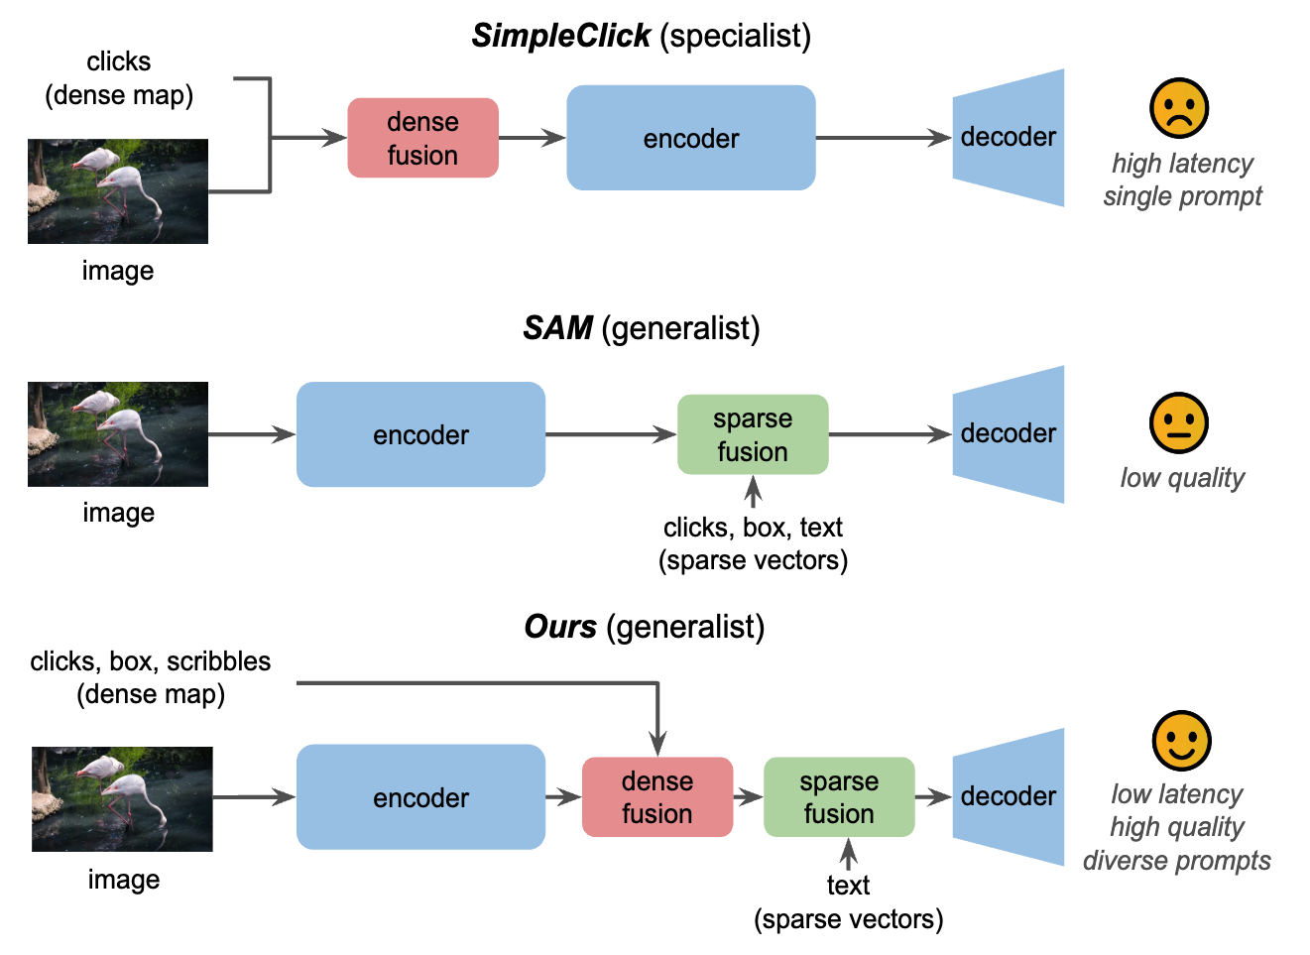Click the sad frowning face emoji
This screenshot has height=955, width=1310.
[1178, 108]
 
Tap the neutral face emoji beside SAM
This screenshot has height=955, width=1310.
[1178, 422]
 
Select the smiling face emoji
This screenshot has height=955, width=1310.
[1181, 740]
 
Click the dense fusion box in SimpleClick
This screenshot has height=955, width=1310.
[422, 138]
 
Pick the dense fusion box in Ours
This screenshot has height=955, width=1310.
[656, 797]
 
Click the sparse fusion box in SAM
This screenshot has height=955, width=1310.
[752, 434]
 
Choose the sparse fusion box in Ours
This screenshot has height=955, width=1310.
[838, 797]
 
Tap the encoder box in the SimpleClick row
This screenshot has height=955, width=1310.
[690, 138]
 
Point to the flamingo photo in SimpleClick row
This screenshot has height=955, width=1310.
[118, 191]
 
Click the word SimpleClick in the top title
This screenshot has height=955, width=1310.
[560, 36]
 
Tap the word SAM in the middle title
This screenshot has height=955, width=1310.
[557, 328]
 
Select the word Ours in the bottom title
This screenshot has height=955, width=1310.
[560, 627]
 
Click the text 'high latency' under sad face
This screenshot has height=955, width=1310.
[1182, 164]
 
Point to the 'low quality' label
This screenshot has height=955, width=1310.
[1182, 478]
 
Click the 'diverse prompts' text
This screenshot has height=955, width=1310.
[1176, 860]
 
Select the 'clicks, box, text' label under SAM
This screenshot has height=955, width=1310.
[753, 527]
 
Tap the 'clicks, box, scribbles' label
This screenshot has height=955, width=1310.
[150, 661]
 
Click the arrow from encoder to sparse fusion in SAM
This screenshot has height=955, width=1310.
[610, 434]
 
